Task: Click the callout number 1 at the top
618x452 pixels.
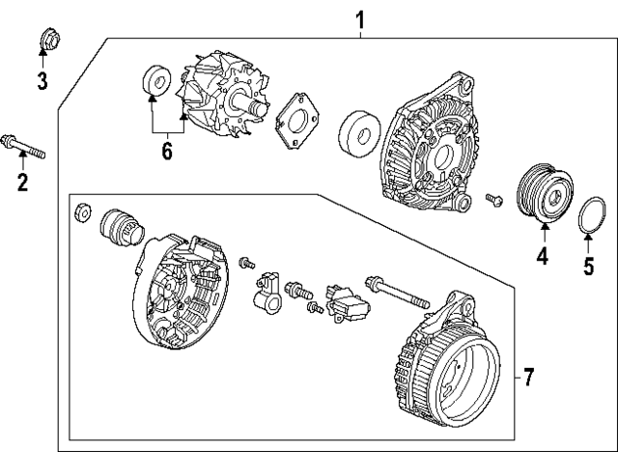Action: [360, 19]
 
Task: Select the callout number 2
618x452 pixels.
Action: [22, 181]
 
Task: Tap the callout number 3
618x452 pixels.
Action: [42, 80]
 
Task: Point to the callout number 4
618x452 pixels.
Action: [542, 257]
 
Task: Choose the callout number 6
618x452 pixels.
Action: [166, 151]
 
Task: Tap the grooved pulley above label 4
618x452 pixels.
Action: [543, 191]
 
